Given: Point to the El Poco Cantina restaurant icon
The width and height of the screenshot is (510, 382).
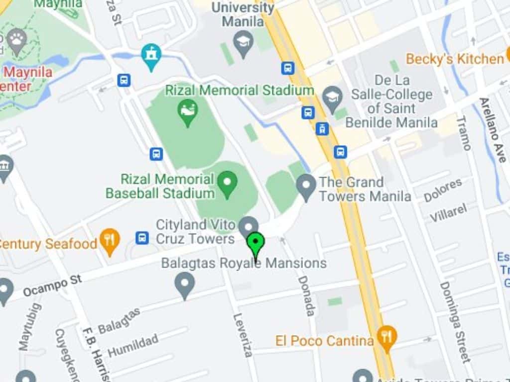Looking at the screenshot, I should (386, 336).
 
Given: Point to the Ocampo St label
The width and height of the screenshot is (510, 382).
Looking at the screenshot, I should (52, 286).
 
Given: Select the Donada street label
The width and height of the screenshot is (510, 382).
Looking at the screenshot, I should (305, 295).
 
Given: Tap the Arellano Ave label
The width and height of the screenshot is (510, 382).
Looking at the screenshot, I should (493, 129).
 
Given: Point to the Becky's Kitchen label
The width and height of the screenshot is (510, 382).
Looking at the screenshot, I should (455, 59).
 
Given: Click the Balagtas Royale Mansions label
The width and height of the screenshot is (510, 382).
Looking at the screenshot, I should (244, 263).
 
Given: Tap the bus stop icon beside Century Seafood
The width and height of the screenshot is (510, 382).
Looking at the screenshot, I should (142, 238).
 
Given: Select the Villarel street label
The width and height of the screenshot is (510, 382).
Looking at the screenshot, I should (449, 212).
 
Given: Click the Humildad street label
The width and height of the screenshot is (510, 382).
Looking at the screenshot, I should (133, 345).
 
